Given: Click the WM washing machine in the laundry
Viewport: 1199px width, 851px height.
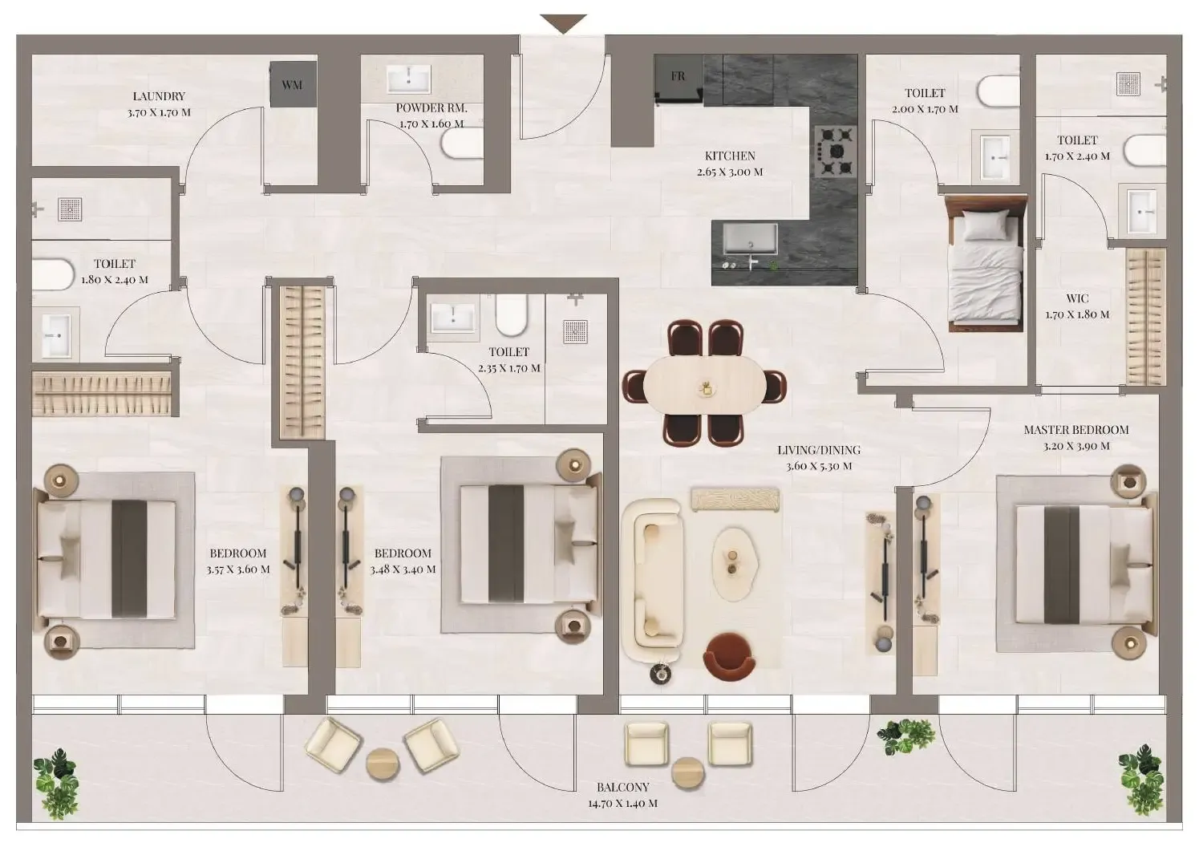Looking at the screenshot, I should tap(292, 84).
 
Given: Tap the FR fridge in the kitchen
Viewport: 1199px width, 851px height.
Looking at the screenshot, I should tap(678, 79).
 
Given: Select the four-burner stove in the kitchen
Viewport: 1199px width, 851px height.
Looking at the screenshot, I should tap(835, 151).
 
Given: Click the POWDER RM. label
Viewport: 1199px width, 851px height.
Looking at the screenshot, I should tap(431, 115).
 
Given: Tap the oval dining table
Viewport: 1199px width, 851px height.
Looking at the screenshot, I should tap(705, 385).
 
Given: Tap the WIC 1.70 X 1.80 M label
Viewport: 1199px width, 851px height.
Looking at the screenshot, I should tap(1077, 306).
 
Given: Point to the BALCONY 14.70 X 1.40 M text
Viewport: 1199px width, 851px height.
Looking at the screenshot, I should tap(622, 795).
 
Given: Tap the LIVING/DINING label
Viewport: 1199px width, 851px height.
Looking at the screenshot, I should tap(818, 458).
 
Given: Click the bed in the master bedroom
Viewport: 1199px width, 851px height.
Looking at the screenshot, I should tap(1075, 562).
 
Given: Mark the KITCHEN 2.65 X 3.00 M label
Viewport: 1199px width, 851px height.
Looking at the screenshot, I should tap(730, 164).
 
